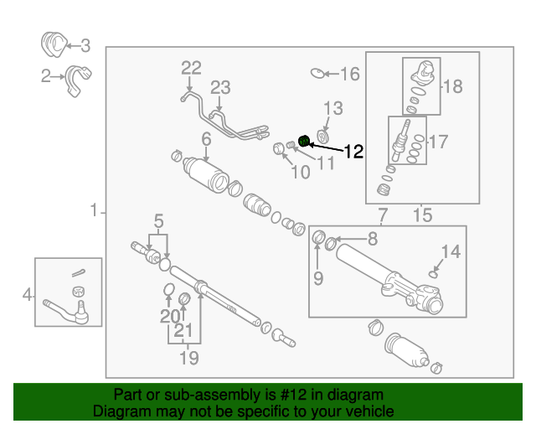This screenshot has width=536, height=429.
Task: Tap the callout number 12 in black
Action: click(x=353, y=152)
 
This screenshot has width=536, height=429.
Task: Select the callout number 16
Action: click(x=348, y=75)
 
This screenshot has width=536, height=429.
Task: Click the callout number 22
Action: click(x=192, y=67)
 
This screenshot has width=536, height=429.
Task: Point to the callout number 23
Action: click(x=219, y=87)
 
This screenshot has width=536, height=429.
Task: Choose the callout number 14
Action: click(x=451, y=251)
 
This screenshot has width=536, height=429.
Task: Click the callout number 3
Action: click(x=85, y=46)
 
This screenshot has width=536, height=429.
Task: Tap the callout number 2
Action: click(x=46, y=77)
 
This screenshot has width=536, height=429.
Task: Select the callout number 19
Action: click(x=189, y=359)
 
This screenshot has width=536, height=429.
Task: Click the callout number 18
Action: click(x=452, y=86)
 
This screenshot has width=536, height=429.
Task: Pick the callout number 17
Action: click(x=439, y=142)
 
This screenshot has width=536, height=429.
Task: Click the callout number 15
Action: click(x=422, y=216)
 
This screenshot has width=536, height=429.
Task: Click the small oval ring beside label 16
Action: click(x=317, y=74)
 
